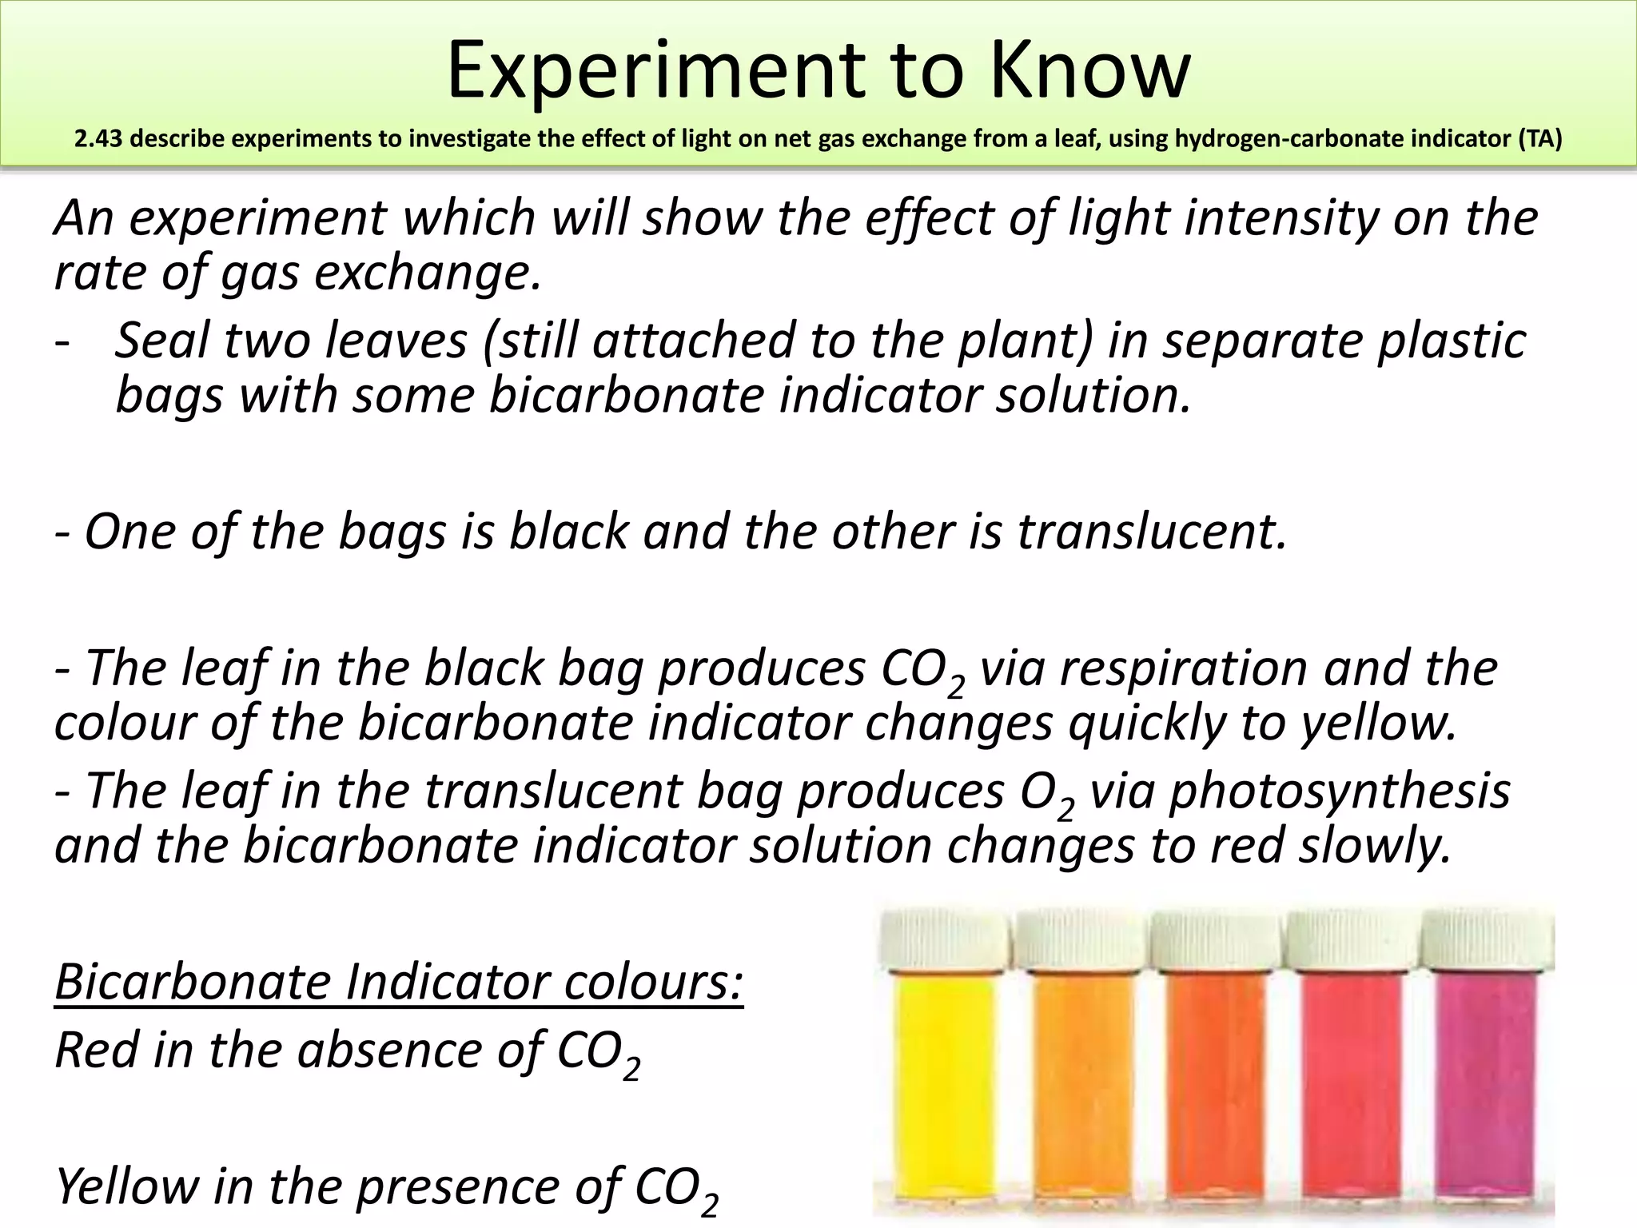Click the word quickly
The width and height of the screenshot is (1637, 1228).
coord(1146,723)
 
